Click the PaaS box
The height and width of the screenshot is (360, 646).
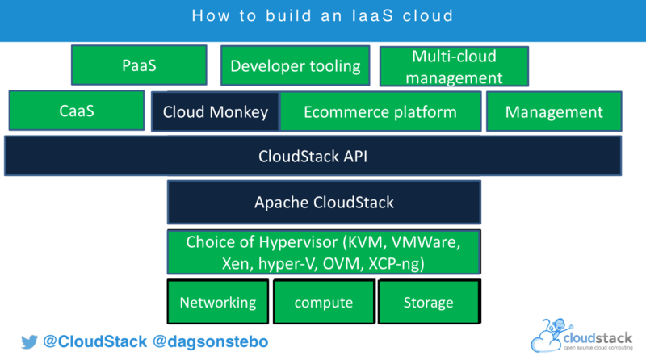[x=139, y=65]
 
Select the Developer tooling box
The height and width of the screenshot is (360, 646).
[x=296, y=65]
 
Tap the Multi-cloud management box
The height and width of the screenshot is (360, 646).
[x=454, y=66]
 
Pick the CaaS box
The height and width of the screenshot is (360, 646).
[x=77, y=111]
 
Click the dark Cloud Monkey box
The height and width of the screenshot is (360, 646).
[x=215, y=111]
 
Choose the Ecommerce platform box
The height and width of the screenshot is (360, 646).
[x=380, y=111]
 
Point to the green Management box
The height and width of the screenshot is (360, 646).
[x=554, y=111]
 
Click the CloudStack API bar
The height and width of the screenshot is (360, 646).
[x=313, y=156]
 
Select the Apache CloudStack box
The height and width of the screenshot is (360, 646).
[x=324, y=202]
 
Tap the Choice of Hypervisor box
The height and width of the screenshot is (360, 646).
[x=324, y=252]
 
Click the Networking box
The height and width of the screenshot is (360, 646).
[x=217, y=302]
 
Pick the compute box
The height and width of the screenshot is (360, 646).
[x=323, y=302]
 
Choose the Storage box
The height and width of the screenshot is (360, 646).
[x=428, y=302]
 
